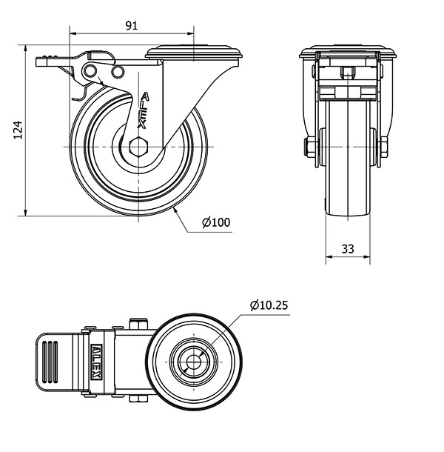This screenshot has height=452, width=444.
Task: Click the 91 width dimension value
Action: pyautogui.click(x=132, y=25)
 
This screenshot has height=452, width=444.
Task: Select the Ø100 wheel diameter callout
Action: pyautogui.click(x=216, y=222)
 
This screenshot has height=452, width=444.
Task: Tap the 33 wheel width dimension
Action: pyautogui.click(x=348, y=249)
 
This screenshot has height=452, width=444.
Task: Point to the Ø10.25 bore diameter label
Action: pyautogui.click(x=269, y=305)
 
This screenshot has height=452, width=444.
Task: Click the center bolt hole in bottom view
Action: pyautogui.click(x=192, y=362)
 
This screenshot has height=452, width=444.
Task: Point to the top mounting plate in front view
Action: pyautogui.click(x=348, y=53)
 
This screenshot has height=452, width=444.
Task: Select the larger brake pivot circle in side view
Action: pyautogui.click(x=91, y=70)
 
